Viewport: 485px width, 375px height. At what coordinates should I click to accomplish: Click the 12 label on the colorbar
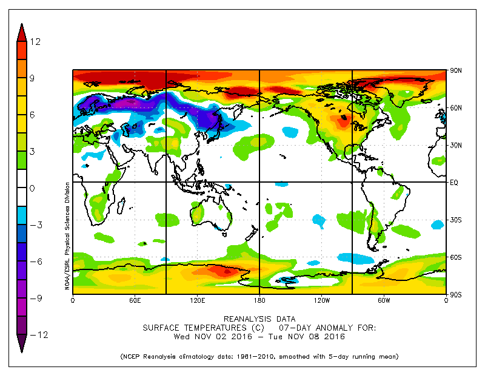[x=35, y=41]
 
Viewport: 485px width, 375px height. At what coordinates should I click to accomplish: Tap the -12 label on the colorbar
[x=34, y=334]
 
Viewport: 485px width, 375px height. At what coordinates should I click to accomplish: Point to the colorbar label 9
[x=34, y=78]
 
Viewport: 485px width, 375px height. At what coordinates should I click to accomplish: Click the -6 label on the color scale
[x=34, y=261]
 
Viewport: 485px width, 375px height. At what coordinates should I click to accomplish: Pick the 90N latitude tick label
[x=455, y=71]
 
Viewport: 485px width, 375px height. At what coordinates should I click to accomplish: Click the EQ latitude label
[x=454, y=182]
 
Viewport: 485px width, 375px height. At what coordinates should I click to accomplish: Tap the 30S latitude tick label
[x=455, y=220]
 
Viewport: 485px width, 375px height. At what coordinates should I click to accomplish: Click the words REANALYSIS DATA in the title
[x=259, y=319]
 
